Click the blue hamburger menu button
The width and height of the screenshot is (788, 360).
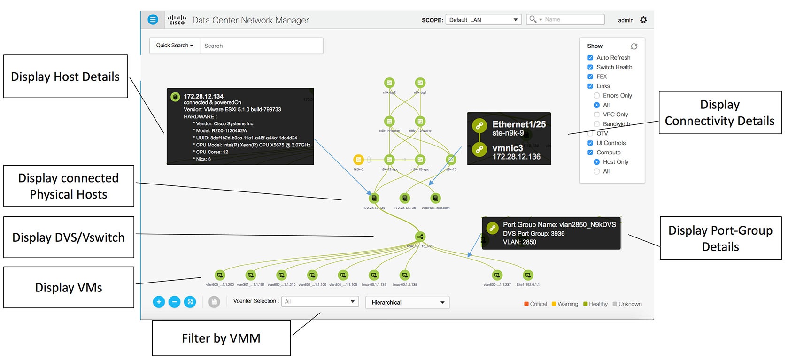[153, 20]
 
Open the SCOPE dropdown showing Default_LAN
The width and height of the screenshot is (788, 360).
[483, 20]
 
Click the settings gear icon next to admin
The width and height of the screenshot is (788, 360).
[643, 20]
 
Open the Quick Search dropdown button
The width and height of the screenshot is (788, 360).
[175, 46]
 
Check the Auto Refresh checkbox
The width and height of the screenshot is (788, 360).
[590, 58]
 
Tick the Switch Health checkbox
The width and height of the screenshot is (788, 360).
[590, 67]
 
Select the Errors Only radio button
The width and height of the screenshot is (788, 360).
[596, 96]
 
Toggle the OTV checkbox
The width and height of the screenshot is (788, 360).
[590, 134]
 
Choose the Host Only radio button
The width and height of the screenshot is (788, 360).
[596, 162]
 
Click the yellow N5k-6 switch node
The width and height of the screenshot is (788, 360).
[358, 160]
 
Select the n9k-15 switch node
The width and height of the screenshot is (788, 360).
[451, 160]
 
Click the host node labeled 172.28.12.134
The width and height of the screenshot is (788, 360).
[374, 199]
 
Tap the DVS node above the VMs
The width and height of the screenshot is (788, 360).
[420, 237]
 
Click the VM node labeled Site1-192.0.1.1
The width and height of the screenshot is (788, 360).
[528, 276]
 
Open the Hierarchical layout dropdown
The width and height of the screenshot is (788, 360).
[407, 303]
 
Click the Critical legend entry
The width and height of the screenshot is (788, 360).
[535, 304]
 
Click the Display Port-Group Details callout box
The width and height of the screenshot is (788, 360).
[720, 238]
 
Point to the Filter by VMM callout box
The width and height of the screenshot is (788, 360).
[221, 338]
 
